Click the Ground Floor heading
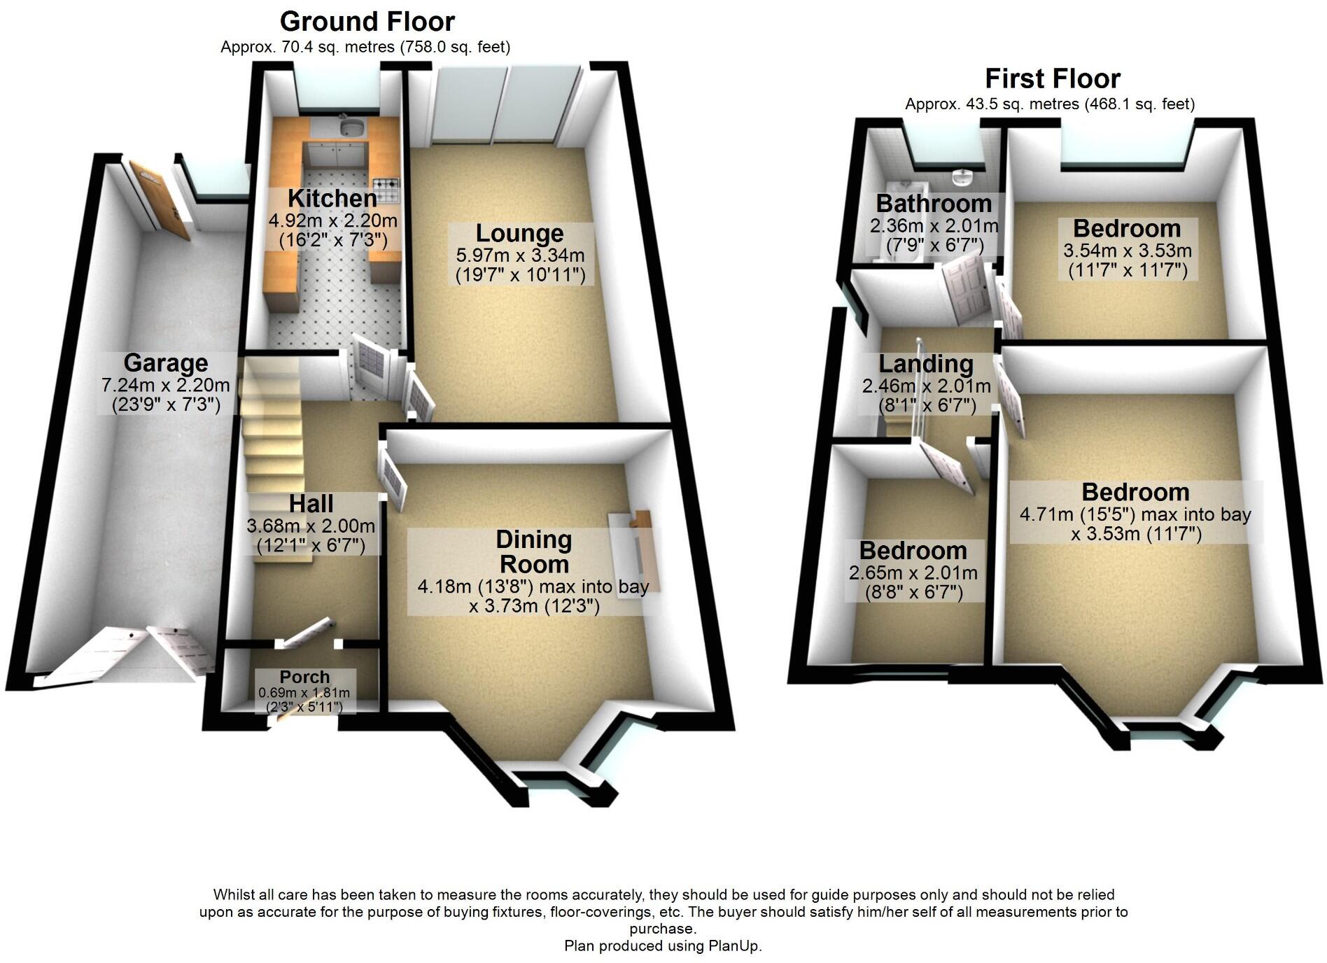(x=367, y=22)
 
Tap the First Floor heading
(x=1052, y=78)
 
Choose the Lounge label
(x=519, y=233)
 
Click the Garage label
(x=166, y=363)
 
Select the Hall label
(x=311, y=503)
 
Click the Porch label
(x=304, y=677)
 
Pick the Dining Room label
(x=533, y=551)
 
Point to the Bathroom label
(x=934, y=204)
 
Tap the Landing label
(x=926, y=364)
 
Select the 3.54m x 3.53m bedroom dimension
(x=1127, y=251)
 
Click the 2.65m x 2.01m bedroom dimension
(x=913, y=573)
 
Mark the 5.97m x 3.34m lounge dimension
(x=520, y=255)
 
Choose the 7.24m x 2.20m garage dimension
(x=166, y=385)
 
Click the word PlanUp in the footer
(x=734, y=946)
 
